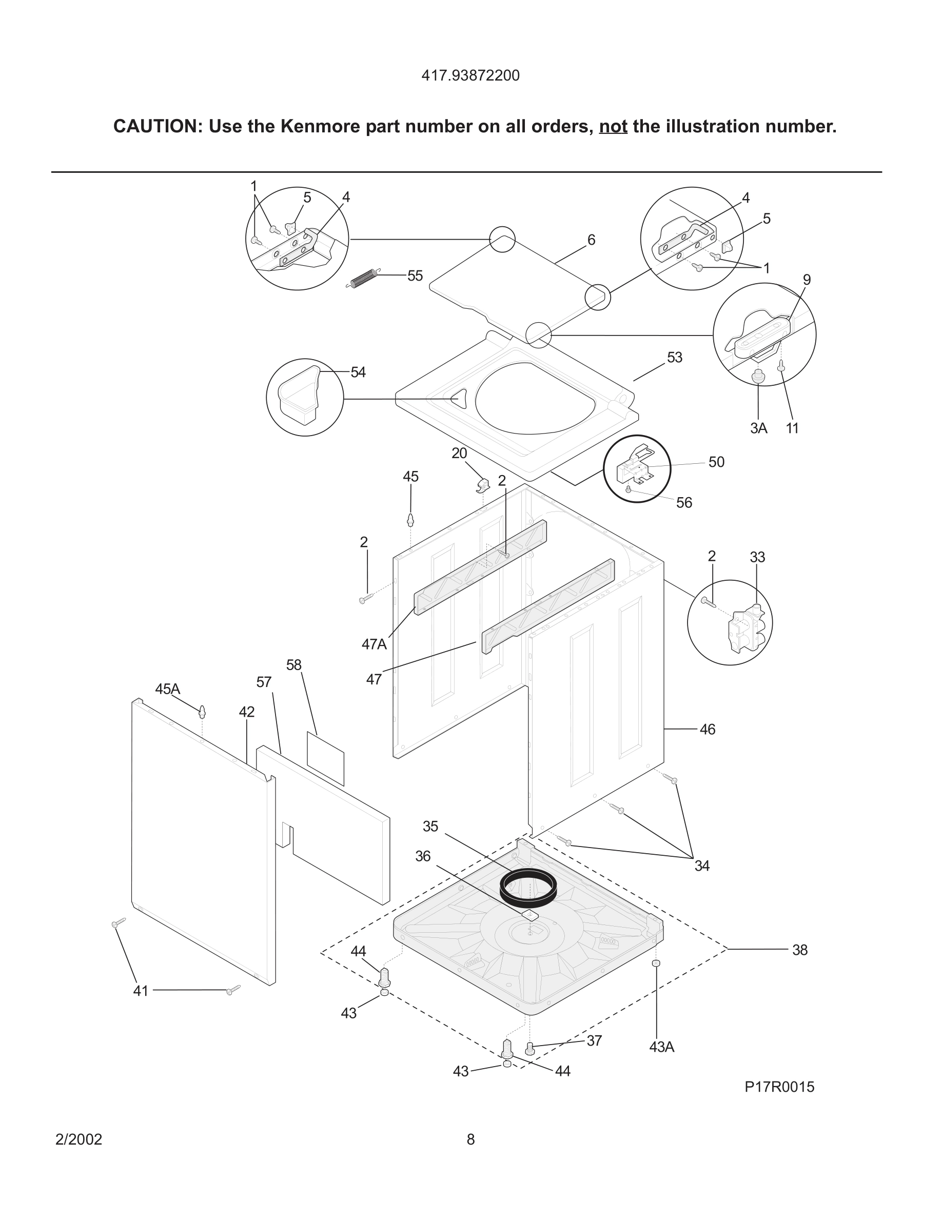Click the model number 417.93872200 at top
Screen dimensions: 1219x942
(470, 75)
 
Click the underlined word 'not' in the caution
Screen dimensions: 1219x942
(613, 127)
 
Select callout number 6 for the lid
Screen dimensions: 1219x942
(591, 240)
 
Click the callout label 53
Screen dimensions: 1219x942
(674, 357)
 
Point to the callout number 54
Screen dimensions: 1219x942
(358, 372)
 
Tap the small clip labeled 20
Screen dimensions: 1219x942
(483, 485)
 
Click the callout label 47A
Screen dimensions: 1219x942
(374, 644)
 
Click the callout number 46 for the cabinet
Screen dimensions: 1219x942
(707, 730)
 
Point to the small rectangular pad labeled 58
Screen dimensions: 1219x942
(325, 758)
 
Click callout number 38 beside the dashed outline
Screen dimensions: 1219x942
(799, 950)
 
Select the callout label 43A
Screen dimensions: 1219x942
(661, 1047)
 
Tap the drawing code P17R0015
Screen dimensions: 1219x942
(779, 1087)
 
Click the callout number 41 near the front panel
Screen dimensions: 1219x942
(141, 991)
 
